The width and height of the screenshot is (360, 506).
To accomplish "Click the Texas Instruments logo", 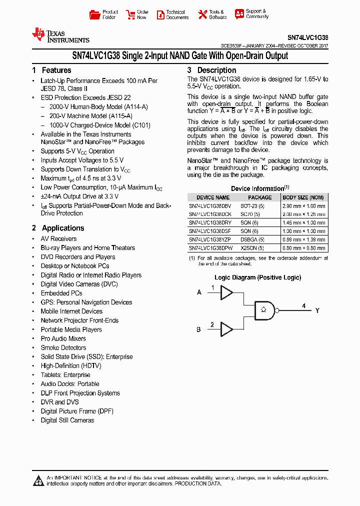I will [x=60, y=35].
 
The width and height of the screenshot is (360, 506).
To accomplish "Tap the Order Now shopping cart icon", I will [x=130, y=14].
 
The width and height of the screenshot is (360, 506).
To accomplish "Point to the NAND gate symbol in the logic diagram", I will [x=264, y=310].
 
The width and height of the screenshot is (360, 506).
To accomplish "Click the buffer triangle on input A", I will [x=226, y=292].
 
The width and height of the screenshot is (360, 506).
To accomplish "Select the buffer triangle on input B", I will [x=226, y=329].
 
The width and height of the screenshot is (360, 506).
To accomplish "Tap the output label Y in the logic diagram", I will [x=317, y=311].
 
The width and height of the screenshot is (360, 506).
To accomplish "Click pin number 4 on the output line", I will [x=303, y=305].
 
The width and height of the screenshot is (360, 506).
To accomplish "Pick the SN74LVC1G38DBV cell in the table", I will [x=210, y=205].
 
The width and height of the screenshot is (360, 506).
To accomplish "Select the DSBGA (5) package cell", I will [x=259, y=239].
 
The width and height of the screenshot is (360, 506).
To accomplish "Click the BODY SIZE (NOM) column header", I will [x=303, y=197].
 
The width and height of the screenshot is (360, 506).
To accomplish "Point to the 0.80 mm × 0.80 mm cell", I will [x=303, y=248].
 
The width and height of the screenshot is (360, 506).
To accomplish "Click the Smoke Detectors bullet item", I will [x=63, y=348].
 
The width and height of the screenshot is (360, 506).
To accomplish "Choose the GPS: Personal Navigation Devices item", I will [x=86, y=302].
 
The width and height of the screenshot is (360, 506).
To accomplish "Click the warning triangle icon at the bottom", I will [x=38, y=481].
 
